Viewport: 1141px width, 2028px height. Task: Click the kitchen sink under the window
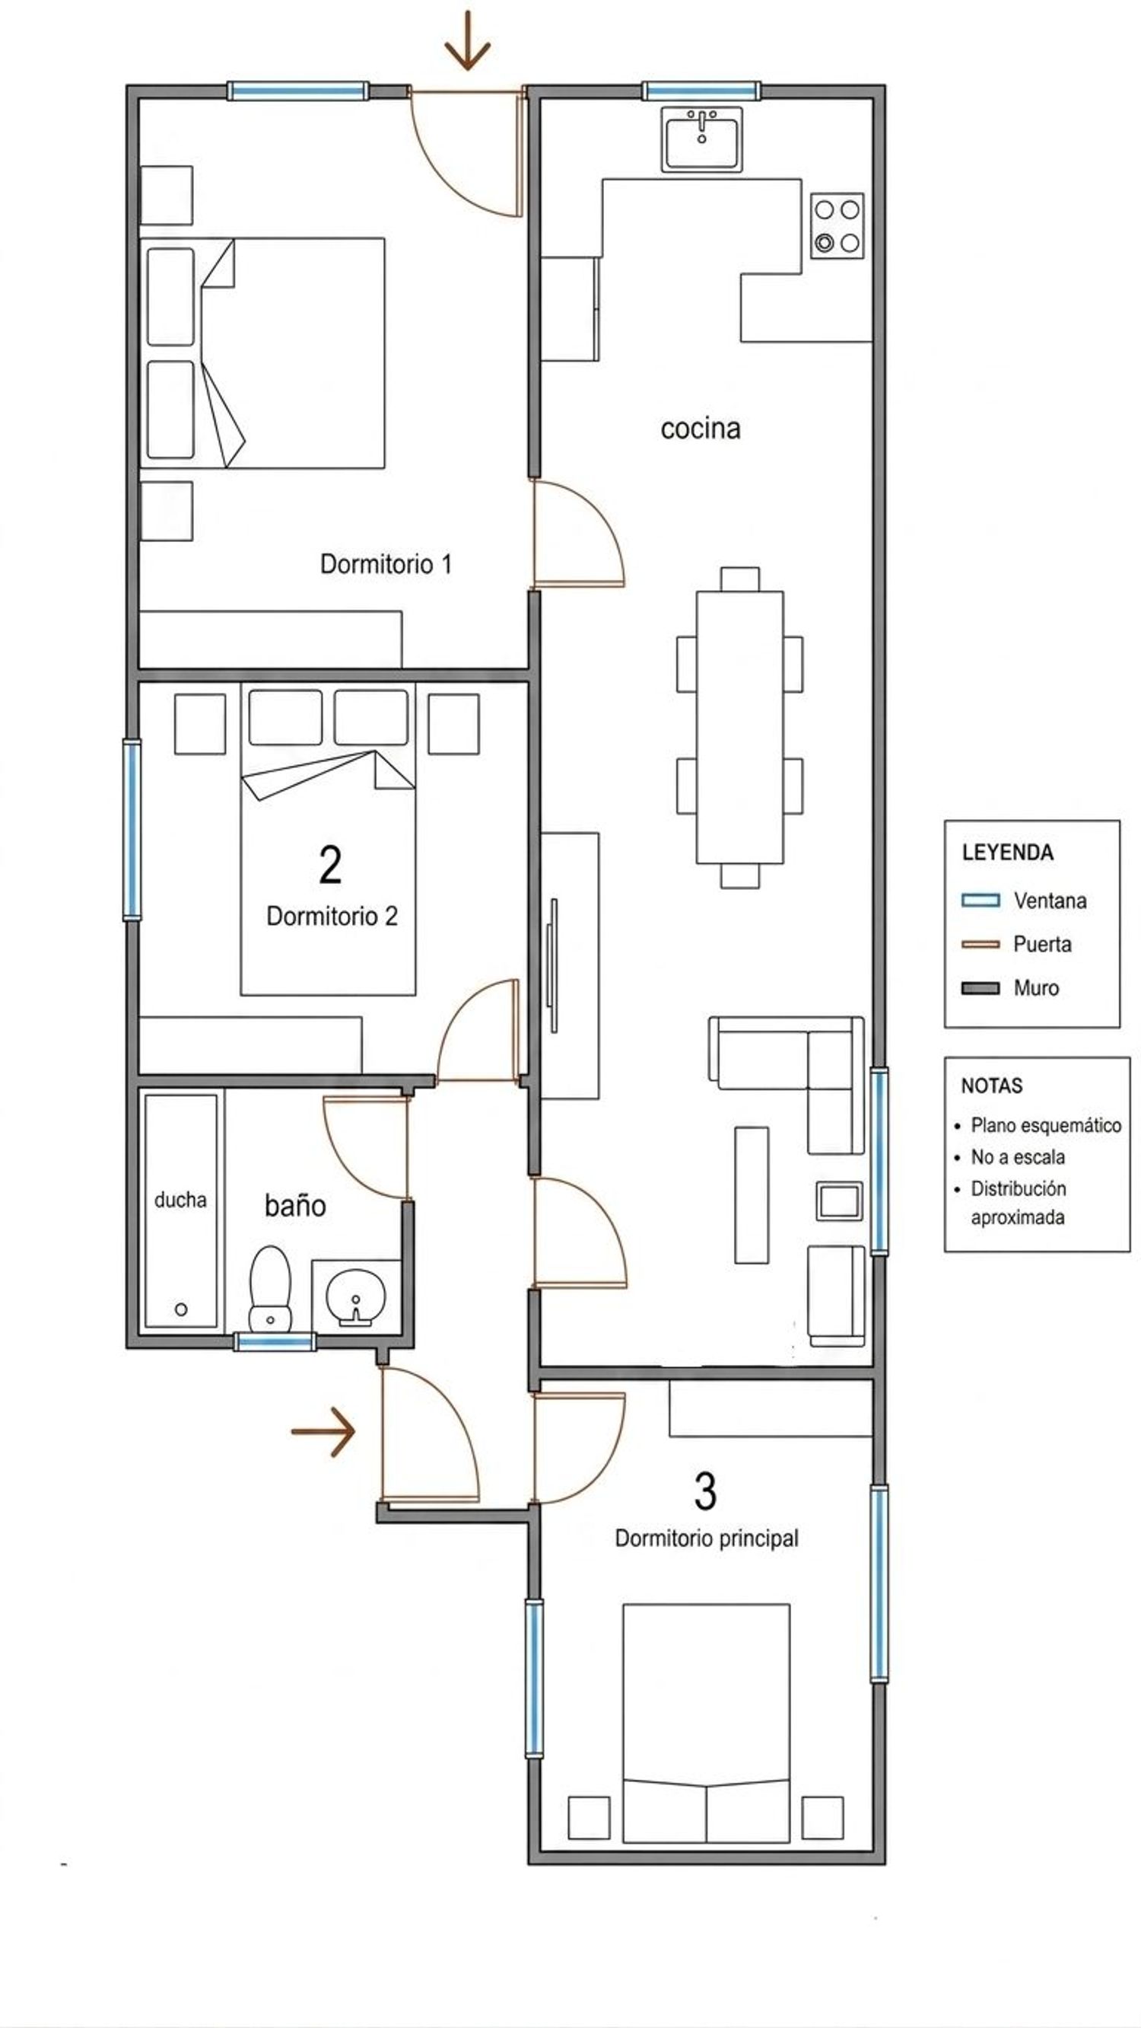point(701,139)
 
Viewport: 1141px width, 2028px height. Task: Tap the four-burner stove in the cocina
point(837,226)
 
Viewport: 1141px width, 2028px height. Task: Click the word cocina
point(701,429)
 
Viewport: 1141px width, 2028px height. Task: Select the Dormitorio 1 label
point(386,563)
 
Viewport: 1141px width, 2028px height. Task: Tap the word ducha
point(180,1200)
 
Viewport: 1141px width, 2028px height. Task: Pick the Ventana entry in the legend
point(1024,901)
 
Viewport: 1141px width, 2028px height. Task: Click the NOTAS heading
point(991,1086)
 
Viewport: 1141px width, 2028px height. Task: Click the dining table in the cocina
point(739,728)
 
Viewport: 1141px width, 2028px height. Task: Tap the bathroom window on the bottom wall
point(275,1342)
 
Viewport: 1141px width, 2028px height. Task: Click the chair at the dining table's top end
point(739,579)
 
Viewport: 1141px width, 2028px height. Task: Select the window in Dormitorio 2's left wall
point(132,829)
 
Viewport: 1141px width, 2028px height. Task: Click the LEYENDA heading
point(1007,852)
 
